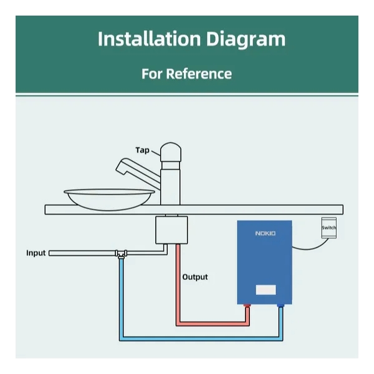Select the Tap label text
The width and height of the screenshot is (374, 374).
142,150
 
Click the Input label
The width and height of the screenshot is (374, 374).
36,253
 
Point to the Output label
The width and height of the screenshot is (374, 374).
194,277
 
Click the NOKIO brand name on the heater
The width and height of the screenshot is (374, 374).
265,233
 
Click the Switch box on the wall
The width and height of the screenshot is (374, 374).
328,228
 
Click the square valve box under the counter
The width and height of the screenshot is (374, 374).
170,230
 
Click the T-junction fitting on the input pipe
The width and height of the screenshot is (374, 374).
122,254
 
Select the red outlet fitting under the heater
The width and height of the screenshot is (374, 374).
249,306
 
